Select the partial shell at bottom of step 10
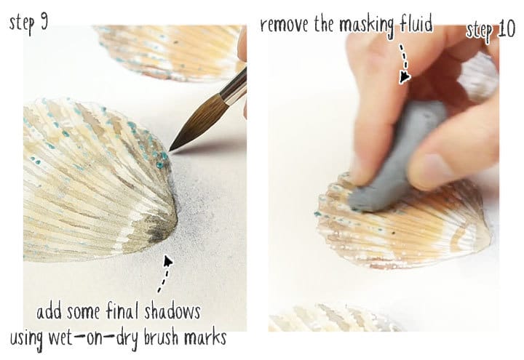(335, 320)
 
